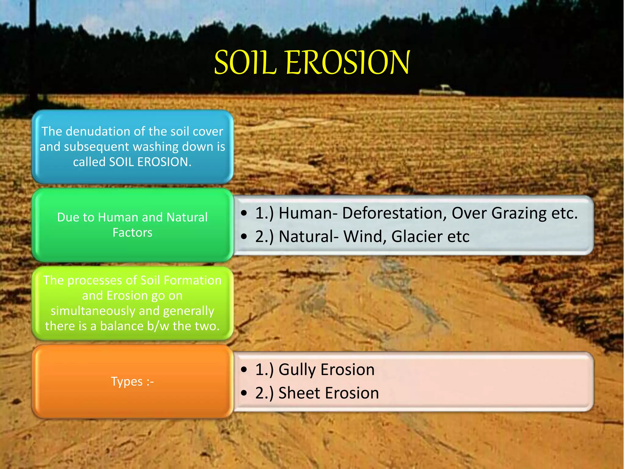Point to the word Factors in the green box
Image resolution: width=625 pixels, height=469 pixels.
(132, 233)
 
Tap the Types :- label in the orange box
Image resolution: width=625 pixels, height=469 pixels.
(132, 382)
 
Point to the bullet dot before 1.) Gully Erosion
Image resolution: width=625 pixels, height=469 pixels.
(244, 370)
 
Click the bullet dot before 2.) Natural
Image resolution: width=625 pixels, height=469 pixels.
(244, 237)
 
